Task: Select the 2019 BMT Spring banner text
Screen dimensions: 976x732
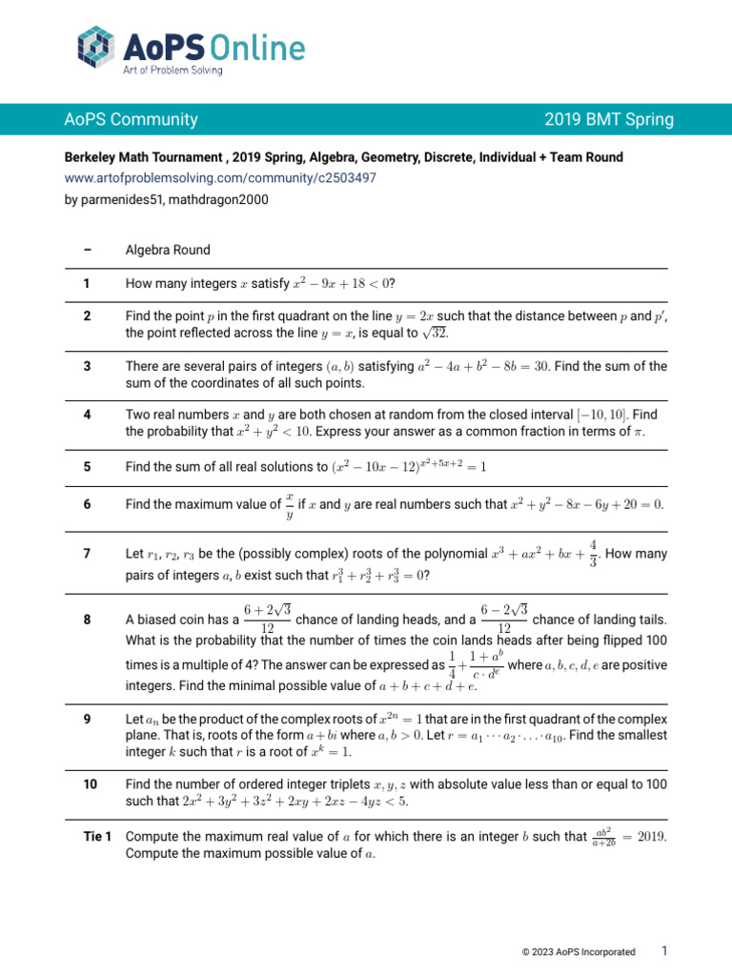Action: [x=609, y=120]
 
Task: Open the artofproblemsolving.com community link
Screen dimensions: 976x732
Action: [x=220, y=178]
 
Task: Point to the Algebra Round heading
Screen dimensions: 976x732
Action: [x=168, y=250]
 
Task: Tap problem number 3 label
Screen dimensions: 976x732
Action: [x=87, y=366]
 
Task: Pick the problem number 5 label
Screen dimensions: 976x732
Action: [x=87, y=466]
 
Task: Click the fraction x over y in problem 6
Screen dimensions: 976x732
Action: [x=290, y=504]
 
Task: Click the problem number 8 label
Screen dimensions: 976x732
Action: [x=87, y=620]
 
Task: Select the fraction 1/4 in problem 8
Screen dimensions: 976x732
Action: [x=453, y=664]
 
